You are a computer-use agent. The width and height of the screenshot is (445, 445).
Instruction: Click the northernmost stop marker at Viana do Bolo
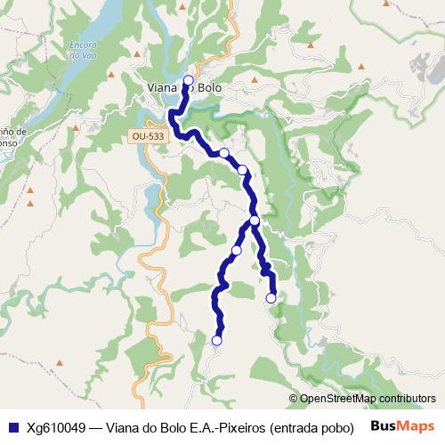click(x=188, y=80)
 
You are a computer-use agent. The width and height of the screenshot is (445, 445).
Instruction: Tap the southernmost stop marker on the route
click(x=216, y=340)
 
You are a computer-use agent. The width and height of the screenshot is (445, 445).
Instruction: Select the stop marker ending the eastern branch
click(x=271, y=298)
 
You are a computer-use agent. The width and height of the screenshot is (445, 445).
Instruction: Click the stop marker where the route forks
click(x=255, y=221)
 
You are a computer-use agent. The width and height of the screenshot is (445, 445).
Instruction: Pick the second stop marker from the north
click(x=224, y=153)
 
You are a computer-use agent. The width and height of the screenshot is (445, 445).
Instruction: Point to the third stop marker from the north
click(x=242, y=169)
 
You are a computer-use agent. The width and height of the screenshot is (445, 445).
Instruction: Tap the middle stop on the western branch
click(x=236, y=250)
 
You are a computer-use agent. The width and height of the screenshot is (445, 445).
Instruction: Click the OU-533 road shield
click(x=147, y=136)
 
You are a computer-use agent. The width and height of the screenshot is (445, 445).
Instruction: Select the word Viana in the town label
click(x=162, y=88)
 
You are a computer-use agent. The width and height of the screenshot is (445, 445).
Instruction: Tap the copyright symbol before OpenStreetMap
click(x=294, y=400)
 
